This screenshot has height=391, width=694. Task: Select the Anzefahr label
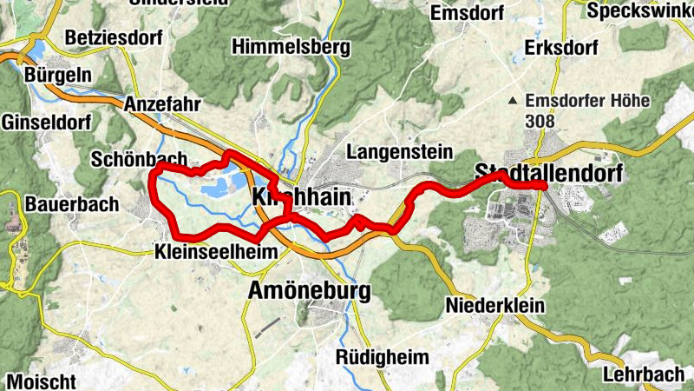(x=162, y=104)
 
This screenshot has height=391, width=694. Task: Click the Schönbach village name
(x=139, y=159)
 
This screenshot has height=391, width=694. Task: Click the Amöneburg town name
(x=310, y=289)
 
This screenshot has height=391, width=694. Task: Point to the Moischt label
(x=41, y=381)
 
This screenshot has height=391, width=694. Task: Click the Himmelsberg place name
(x=291, y=45)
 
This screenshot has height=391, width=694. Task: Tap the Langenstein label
(x=399, y=153)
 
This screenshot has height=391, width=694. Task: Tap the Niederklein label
(x=494, y=306)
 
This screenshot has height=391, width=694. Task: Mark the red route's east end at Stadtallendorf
(x=543, y=186)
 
